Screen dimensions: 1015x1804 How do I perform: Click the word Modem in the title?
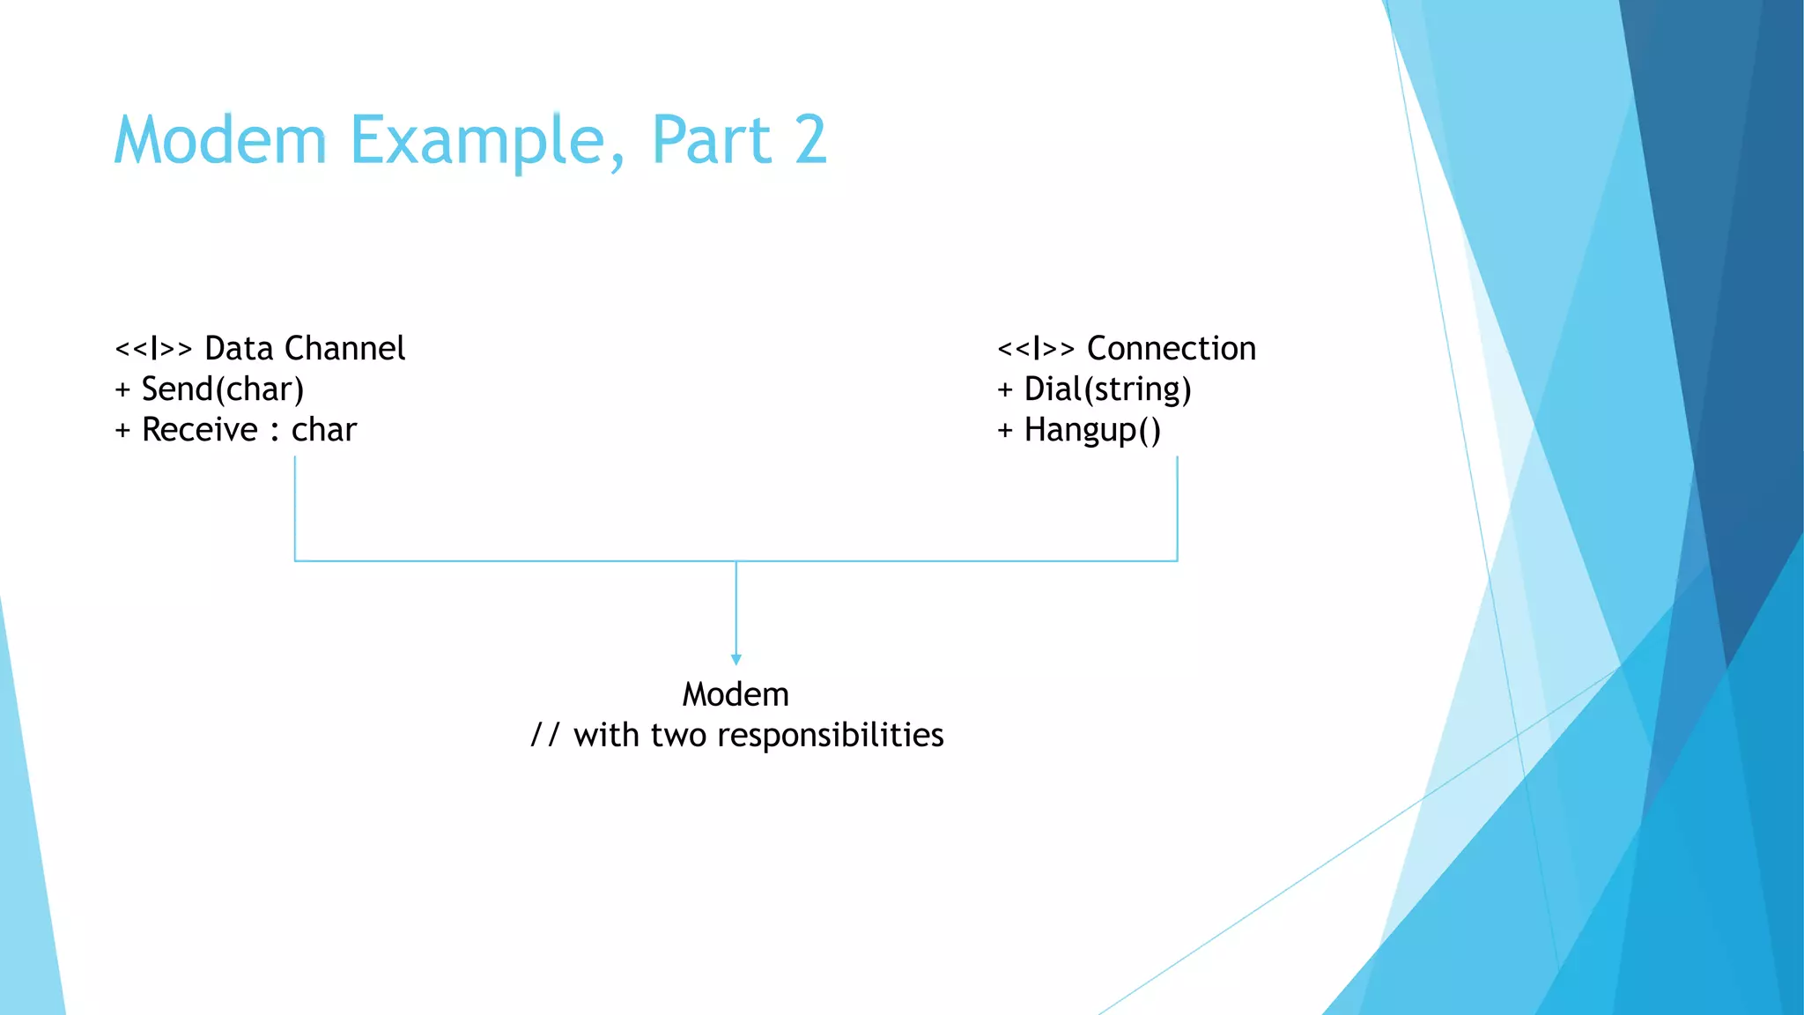click(220, 141)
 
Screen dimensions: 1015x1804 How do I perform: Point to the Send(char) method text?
click(222, 389)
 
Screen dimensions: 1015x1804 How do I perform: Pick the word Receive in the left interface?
click(200, 430)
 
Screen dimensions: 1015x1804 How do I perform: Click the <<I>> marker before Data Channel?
click(153, 349)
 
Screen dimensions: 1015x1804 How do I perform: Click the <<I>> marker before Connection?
click(1036, 349)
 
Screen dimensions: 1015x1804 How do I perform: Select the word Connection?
click(1171, 349)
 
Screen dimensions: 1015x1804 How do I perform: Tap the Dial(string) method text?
click(1107, 389)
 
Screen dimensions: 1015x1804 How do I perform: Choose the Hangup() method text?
click(1092, 430)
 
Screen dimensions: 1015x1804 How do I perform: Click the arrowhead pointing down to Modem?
click(736, 659)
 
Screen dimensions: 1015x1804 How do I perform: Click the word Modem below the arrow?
click(736, 695)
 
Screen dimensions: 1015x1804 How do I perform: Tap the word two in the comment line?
click(678, 736)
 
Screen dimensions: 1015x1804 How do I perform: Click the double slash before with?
click(544, 736)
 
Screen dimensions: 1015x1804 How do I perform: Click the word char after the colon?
click(324, 430)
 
